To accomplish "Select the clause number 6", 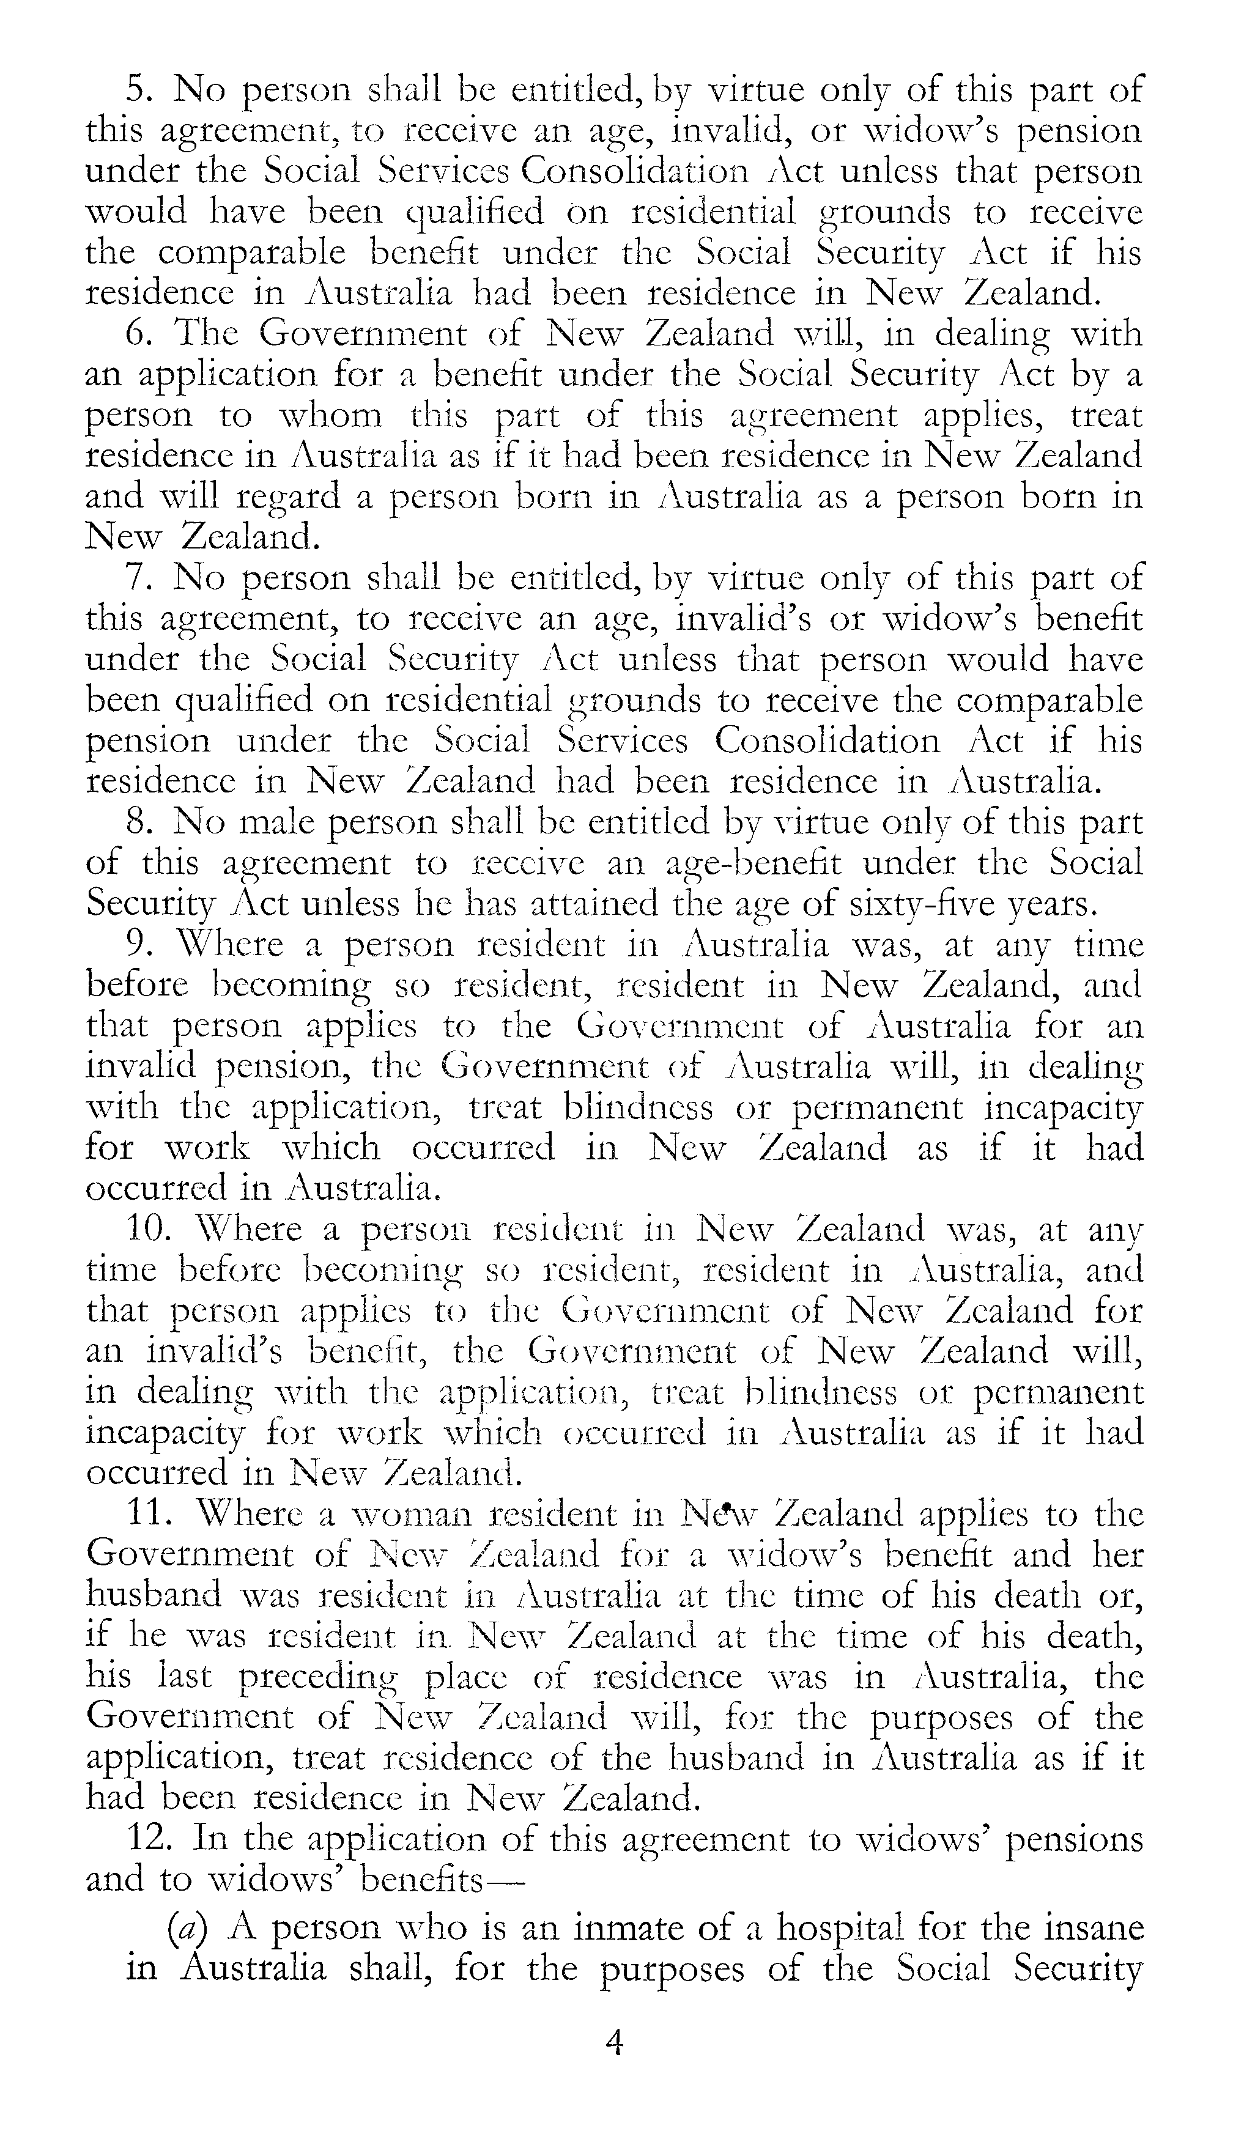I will point(138,334).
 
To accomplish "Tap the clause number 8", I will point(138,823).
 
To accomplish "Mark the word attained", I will point(593,904).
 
